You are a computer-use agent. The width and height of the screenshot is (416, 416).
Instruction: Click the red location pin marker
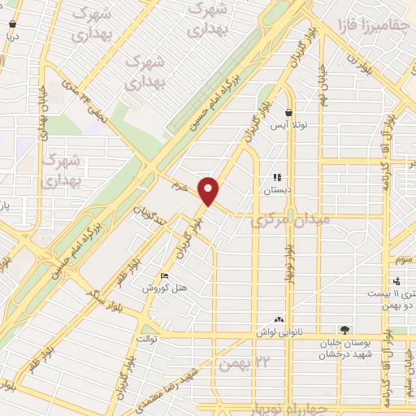click(x=210, y=191)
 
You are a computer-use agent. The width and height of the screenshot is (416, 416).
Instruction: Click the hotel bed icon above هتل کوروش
click(x=165, y=276)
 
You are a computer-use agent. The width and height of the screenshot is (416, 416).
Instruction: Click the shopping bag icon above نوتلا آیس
click(x=288, y=112)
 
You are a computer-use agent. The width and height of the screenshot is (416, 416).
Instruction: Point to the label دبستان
click(x=277, y=189)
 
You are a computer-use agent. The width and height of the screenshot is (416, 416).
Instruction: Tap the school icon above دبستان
click(x=277, y=177)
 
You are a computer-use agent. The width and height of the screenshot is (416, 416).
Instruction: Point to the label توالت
click(x=145, y=337)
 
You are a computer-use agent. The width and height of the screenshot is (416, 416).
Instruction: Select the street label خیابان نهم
click(x=322, y=89)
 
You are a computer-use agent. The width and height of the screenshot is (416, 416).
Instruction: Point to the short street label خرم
click(x=180, y=187)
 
